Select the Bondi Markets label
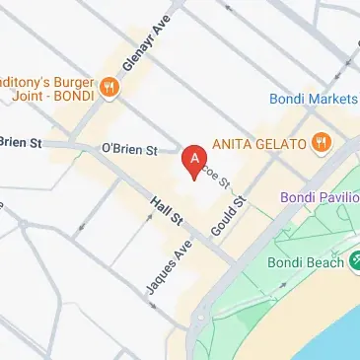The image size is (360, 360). tap(314, 98)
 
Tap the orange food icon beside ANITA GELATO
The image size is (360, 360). tap(321, 144)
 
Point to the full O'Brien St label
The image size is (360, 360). tap(129, 150)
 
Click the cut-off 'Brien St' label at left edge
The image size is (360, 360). tap(20, 142)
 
